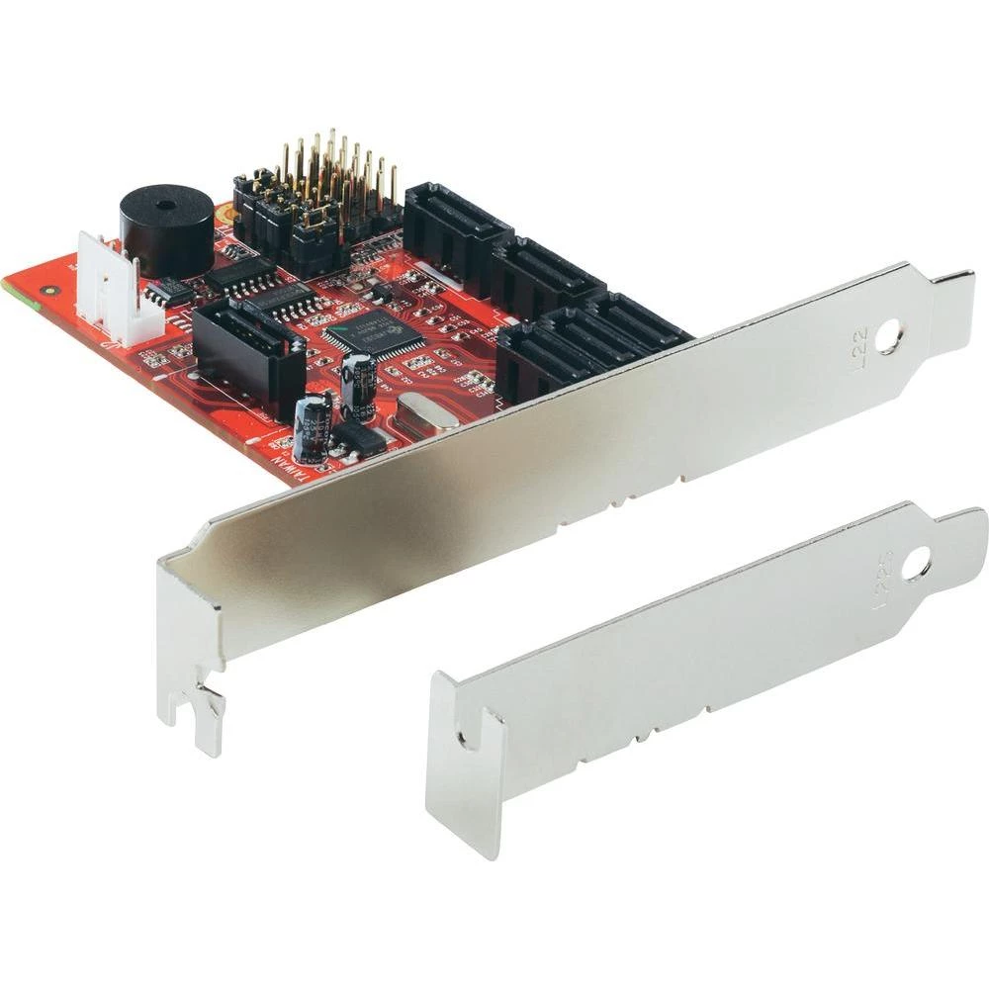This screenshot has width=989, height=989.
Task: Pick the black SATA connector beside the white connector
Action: coord(247,346)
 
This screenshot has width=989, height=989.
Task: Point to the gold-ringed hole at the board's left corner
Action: coord(48,292)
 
